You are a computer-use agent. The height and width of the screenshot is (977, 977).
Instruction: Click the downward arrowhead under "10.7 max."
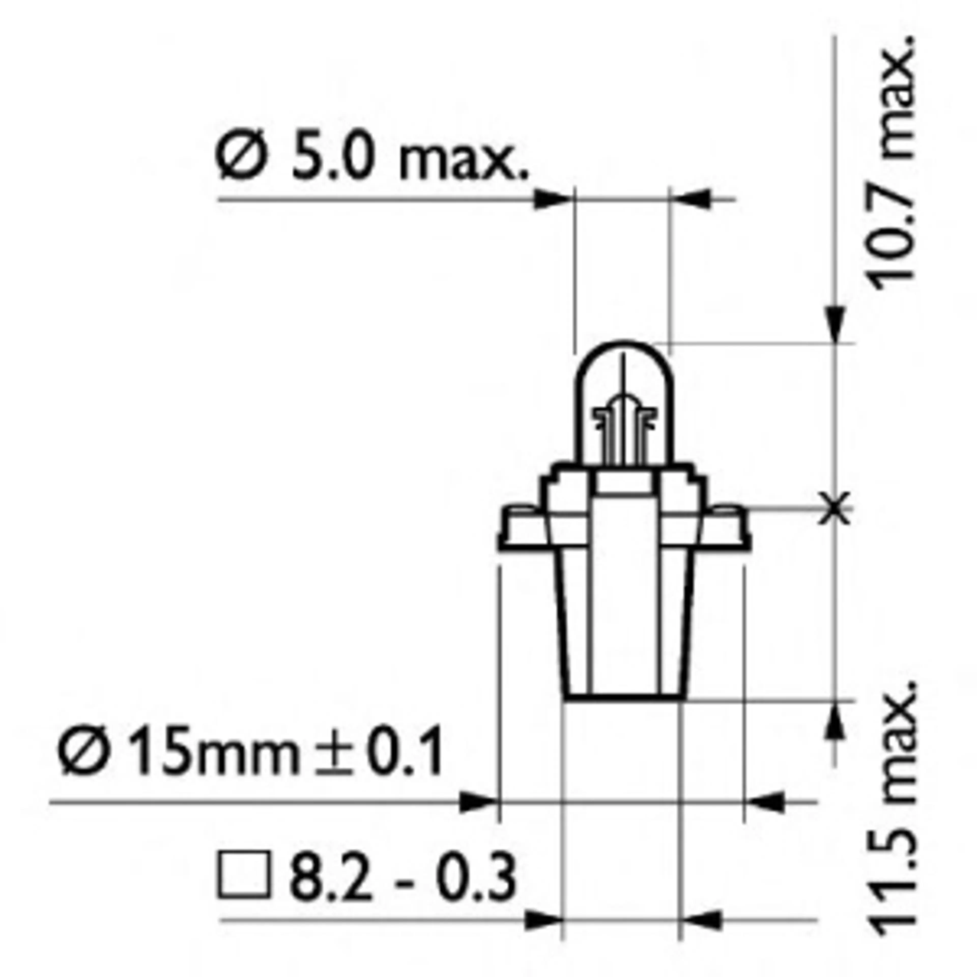[x=835, y=324]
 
